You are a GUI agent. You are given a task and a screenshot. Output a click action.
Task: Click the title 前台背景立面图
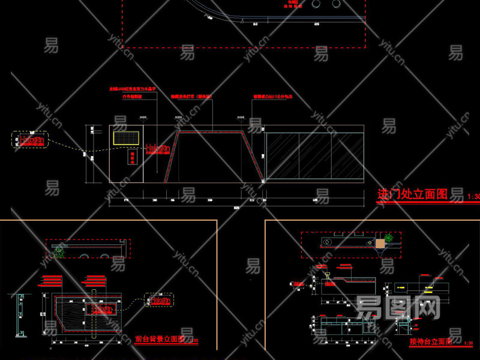(158, 339)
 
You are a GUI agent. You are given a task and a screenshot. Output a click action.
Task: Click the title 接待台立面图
(431, 341)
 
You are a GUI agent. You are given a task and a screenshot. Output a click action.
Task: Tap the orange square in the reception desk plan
(379, 243)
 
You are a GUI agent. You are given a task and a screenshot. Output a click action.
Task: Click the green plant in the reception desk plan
(389, 238)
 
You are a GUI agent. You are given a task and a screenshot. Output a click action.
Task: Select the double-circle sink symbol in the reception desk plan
(327, 242)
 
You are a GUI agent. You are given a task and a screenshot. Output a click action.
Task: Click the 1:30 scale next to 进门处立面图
(473, 196)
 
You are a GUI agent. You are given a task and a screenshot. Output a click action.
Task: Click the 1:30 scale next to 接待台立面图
(470, 343)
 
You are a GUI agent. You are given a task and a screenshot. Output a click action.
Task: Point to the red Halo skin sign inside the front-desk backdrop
(101, 309)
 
